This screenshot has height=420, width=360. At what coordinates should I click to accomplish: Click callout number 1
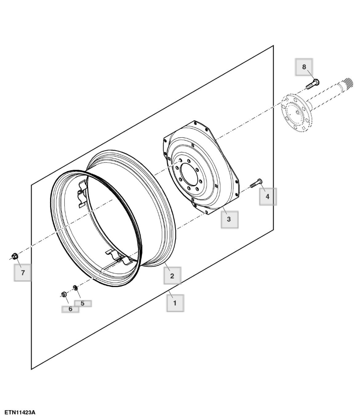click(175, 303)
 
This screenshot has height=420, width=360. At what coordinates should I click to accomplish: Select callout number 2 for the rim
click(172, 275)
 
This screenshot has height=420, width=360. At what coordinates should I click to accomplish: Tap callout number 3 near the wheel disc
click(229, 219)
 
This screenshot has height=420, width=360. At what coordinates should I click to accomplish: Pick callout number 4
click(267, 196)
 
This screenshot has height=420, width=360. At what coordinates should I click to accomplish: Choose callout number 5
click(82, 303)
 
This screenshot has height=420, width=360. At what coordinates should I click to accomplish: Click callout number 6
click(70, 309)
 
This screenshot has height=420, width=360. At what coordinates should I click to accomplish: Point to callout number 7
click(23, 272)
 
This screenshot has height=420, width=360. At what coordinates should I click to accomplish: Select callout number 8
click(304, 67)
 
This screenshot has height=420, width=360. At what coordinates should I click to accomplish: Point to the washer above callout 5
click(74, 287)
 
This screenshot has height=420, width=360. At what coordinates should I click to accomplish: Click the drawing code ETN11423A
click(20, 412)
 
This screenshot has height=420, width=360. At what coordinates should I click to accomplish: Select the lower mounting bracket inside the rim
click(118, 257)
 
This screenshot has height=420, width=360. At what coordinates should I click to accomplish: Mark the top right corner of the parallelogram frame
click(273, 46)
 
